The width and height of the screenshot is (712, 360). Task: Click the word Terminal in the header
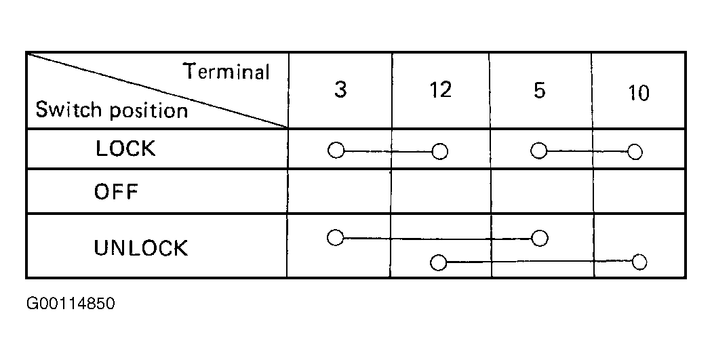pos(226,72)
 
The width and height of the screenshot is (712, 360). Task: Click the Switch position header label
pos(112,111)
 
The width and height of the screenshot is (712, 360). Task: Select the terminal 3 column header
pos(340,89)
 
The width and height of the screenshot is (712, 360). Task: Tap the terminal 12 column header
pos(441,90)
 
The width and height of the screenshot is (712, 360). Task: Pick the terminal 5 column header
pos(539,90)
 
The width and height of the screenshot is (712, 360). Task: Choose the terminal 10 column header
pos(639,93)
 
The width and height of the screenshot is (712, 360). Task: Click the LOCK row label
pos(125,148)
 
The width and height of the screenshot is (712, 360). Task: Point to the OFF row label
pos(116,192)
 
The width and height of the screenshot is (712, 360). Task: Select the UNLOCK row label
pos(141,248)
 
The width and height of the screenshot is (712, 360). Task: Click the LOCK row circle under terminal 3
pos(336,151)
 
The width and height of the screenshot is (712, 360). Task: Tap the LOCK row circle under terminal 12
pos(439,152)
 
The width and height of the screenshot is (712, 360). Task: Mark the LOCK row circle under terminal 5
pos(539,151)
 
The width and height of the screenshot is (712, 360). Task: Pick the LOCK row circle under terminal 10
pos(635,152)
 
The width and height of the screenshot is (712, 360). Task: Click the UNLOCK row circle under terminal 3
pos(336,237)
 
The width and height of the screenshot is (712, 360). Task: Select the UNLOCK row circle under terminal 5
pos(540,238)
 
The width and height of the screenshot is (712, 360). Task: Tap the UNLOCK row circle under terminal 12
pos(438,262)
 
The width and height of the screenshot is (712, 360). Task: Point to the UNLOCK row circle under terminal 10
pos(639,262)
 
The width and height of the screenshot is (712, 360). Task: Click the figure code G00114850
pos(71,303)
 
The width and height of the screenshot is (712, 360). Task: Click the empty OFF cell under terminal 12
pos(441,192)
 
